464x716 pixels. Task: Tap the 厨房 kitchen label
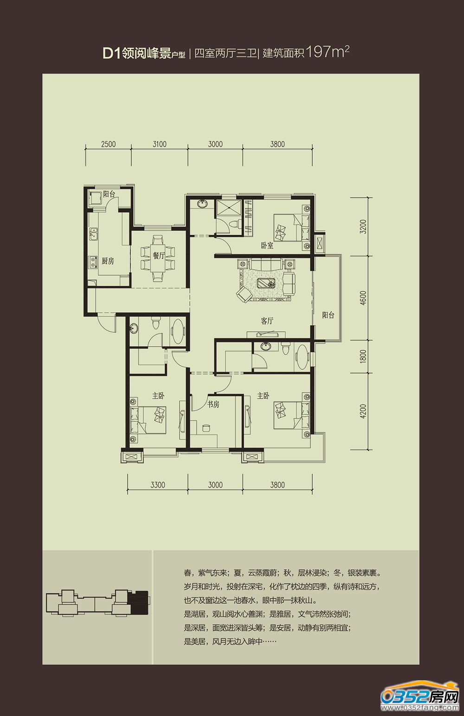click(x=108, y=261)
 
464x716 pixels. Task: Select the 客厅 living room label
click(x=267, y=321)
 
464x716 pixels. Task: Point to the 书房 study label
click(x=213, y=404)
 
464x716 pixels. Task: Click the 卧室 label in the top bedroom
click(x=267, y=246)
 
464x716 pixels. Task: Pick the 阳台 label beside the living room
click(x=328, y=315)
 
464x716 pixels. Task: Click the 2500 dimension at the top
click(x=108, y=144)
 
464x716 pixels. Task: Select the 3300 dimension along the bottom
click(x=158, y=485)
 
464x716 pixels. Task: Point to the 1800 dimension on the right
click(x=363, y=356)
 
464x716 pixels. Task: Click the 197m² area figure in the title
click(x=327, y=52)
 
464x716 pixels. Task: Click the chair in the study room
click(x=206, y=428)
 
